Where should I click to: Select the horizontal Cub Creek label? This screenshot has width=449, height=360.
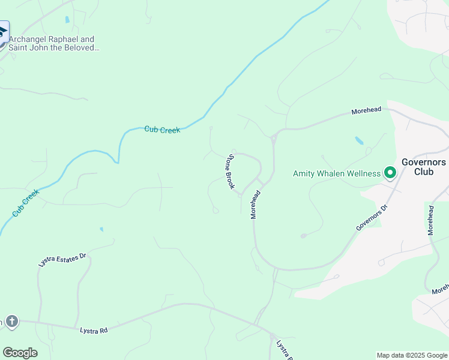point(162,130)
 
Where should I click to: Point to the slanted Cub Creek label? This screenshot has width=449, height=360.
point(25,203)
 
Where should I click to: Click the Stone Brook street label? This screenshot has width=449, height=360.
point(229,172)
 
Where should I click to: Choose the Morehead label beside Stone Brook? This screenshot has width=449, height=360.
point(256,204)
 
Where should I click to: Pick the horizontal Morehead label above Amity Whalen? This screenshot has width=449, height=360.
point(366,112)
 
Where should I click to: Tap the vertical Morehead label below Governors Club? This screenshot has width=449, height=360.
point(430,220)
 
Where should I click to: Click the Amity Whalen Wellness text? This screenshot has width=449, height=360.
point(337,174)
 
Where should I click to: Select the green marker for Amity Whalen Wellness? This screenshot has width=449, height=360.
point(390,173)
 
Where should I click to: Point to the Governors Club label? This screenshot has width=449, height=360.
point(423,166)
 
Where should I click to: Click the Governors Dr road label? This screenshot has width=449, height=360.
point(372,218)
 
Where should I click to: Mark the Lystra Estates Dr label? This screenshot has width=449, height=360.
point(62,259)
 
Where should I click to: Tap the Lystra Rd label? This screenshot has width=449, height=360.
point(94,331)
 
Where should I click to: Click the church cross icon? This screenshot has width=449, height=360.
point(11,322)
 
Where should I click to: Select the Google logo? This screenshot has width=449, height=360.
point(20,353)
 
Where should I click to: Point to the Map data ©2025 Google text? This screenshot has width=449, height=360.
point(412,355)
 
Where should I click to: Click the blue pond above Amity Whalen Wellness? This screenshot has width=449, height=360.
point(359,140)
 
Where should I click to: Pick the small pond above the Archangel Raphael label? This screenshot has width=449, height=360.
point(67,20)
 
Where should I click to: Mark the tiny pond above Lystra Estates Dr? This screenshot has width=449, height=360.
point(101,229)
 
